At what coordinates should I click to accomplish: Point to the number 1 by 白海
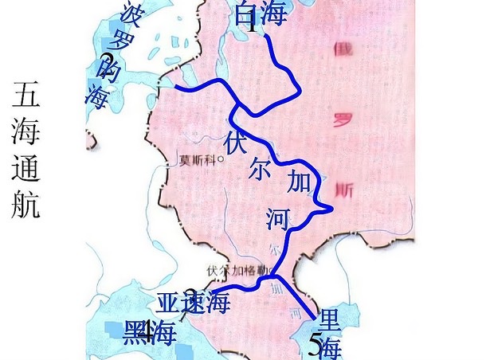(x=251, y=22)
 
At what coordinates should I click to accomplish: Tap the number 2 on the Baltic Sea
(x=107, y=60)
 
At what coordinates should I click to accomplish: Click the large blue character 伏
(x=237, y=144)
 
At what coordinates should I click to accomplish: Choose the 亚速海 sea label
(x=193, y=303)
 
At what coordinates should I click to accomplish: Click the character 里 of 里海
(x=328, y=323)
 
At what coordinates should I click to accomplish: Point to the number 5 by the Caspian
(x=316, y=345)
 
